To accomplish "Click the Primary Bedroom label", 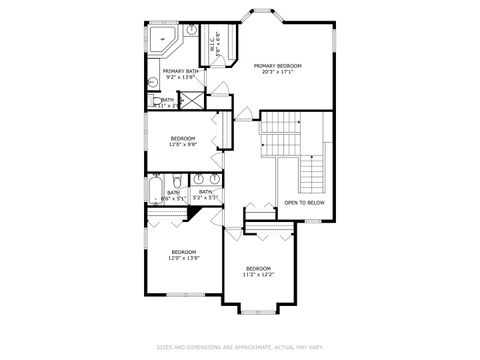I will (277, 68).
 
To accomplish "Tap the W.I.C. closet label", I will (212, 43).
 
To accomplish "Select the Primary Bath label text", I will (182, 73).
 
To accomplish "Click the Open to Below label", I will (304, 202).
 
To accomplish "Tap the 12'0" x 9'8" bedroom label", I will (183, 141).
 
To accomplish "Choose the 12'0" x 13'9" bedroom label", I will (183, 254).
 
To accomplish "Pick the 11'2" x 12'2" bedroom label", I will (258, 271).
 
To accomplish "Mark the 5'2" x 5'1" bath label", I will (205, 194).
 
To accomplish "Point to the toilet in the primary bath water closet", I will (158, 101).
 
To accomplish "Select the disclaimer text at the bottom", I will (239, 347).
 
